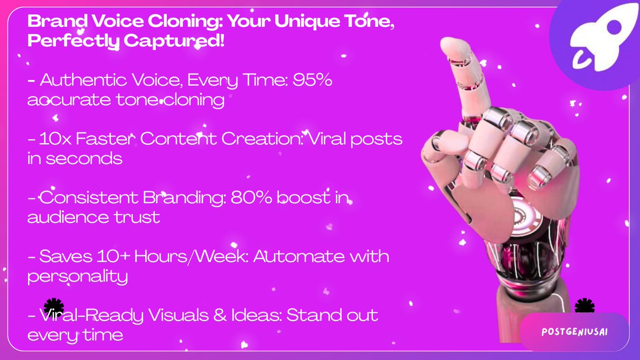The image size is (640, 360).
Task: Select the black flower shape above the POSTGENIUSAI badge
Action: pos(584,306)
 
